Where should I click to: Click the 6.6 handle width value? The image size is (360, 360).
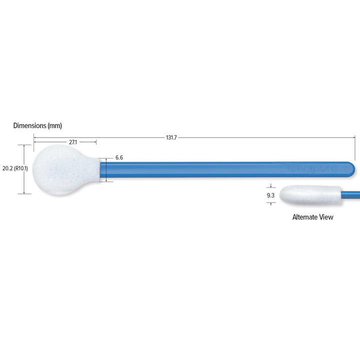[119, 157]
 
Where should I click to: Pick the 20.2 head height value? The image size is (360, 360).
[7, 168]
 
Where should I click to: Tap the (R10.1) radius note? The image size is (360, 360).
[21, 168]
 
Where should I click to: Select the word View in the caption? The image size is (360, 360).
[326, 217]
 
